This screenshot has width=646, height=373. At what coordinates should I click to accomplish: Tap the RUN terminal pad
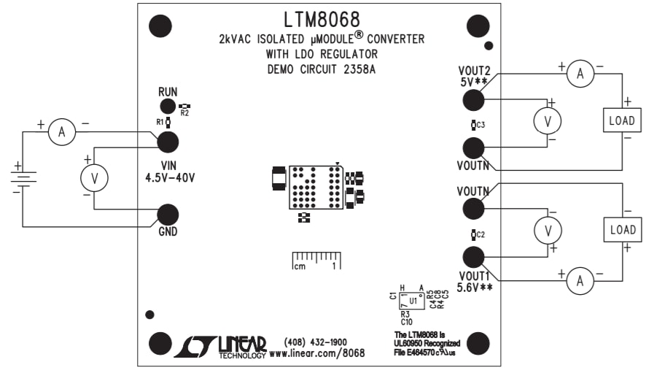point(168,107)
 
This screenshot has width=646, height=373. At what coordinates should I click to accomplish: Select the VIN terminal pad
point(168,142)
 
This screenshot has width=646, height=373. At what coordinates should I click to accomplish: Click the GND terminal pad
point(168,215)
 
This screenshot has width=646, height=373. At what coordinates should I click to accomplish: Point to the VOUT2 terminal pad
point(474,99)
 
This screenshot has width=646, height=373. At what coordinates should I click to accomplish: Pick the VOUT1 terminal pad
point(474,258)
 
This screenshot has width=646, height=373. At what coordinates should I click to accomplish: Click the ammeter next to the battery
point(62,131)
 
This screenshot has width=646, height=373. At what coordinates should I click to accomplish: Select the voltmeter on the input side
point(94,176)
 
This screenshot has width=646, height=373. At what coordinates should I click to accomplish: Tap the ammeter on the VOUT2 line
point(580,74)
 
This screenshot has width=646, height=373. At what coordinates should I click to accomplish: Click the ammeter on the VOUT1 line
point(580,280)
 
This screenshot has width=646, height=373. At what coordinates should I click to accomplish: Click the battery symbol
point(23,177)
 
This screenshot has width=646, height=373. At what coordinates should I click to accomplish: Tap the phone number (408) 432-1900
point(316,342)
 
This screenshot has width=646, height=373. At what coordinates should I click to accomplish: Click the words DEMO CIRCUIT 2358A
point(322,69)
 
